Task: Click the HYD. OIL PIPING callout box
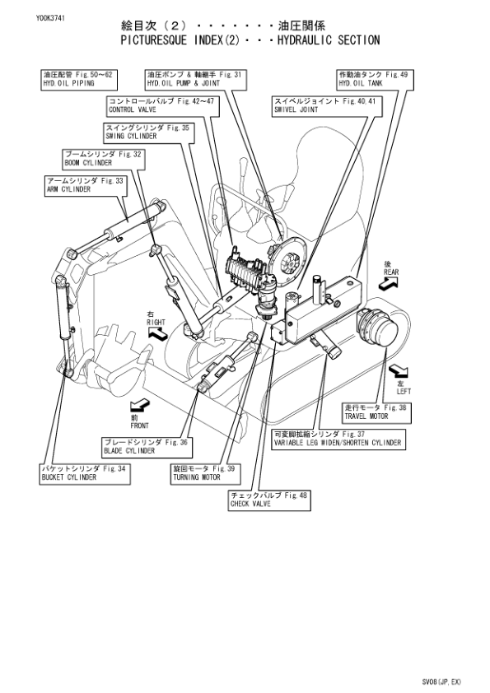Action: (x=77, y=79)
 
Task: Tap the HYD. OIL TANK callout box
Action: (x=374, y=79)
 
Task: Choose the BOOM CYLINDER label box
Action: (x=104, y=158)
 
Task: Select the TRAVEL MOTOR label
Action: (x=376, y=412)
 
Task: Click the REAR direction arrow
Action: (x=390, y=281)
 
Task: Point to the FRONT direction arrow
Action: (x=140, y=405)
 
